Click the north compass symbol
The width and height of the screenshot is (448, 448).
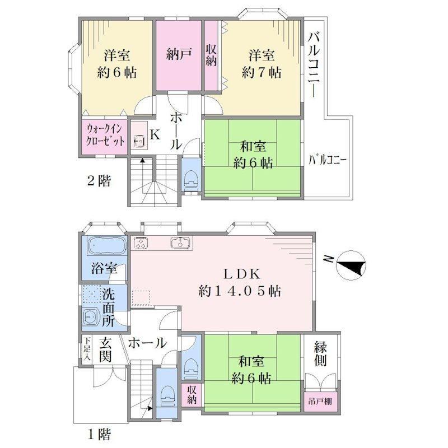click(351, 265)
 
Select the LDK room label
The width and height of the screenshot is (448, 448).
click(242, 274)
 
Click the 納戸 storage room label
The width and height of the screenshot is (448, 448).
click(179, 54)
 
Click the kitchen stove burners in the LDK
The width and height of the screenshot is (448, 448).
click(141, 244)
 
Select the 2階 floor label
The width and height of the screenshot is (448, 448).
click(99, 181)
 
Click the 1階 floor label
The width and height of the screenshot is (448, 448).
click(99, 435)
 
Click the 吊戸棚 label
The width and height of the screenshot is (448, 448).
click(320, 402)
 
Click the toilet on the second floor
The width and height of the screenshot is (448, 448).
click(192, 179)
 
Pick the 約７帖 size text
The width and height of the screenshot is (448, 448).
click(262, 72)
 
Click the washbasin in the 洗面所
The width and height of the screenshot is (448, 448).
click(91, 317)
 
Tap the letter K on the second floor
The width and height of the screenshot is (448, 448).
click(155, 135)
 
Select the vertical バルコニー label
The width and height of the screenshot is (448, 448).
click(314, 64)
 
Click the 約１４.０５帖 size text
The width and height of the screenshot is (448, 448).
click(240, 291)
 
